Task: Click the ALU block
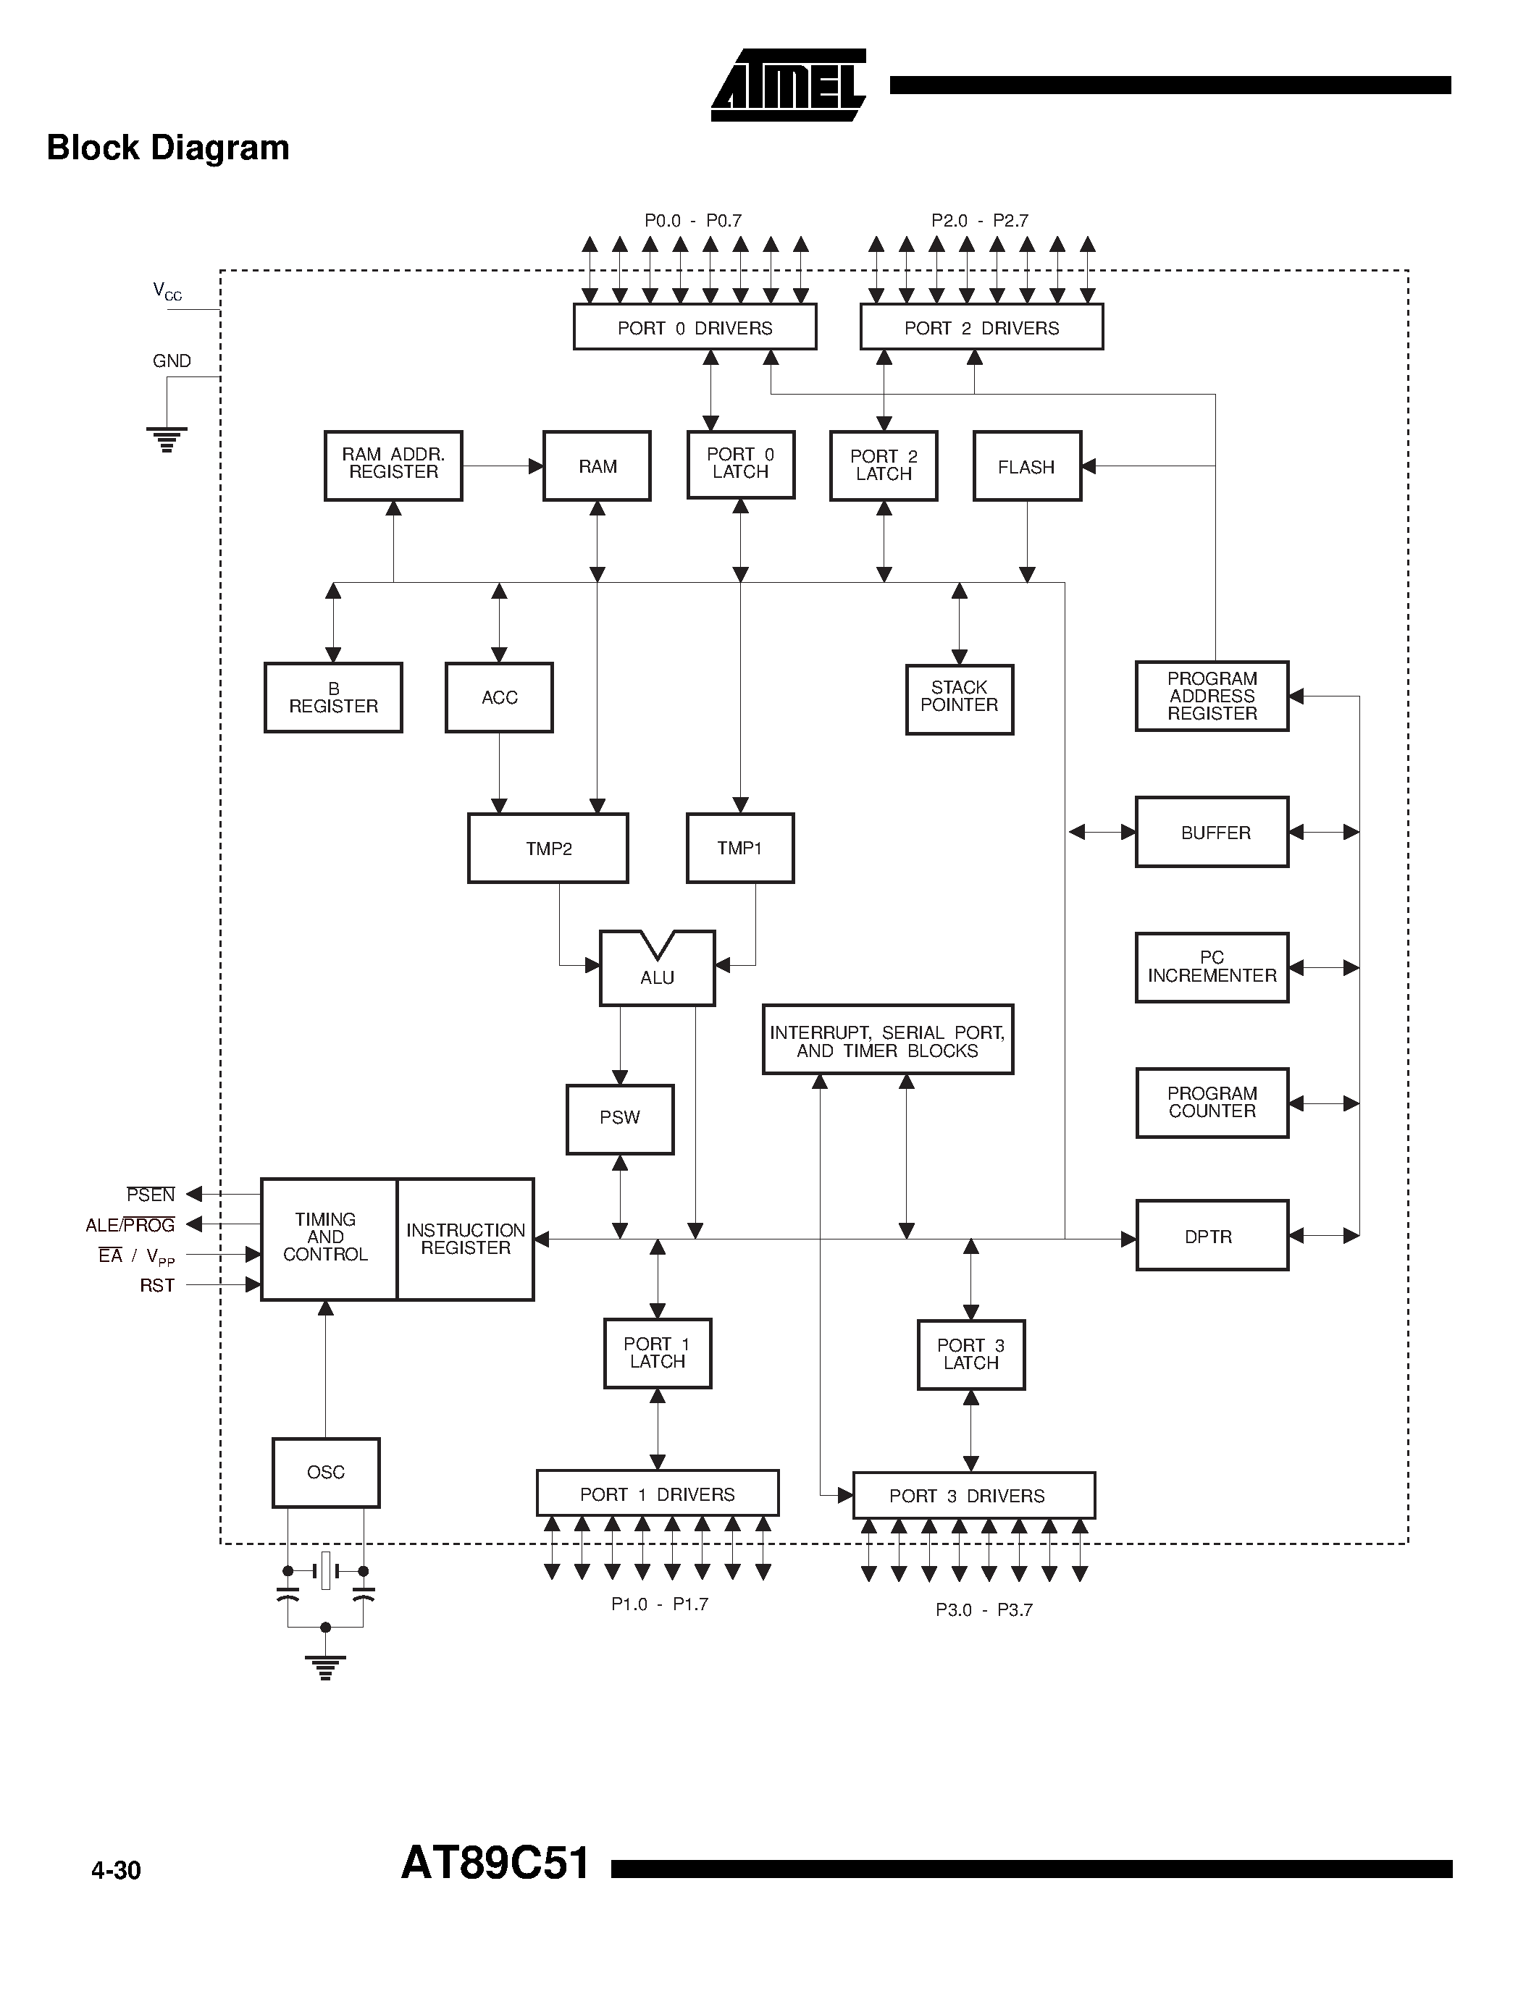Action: pyautogui.click(x=656, y=972)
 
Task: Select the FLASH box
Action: pyautogui.click(x=1027, y=467)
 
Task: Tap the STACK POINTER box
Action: pyautogui.click(x=959, y=699)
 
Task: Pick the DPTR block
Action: pyautogui.click(x=1211, y=1236)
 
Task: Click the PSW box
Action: pyautogui.click(x=620, y=1119)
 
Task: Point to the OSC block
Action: pyautogui.click(x=325, y=1473)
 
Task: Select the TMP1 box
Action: pyautogui.click(x=739, y=848)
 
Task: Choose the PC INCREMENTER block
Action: pyautogui.click(x=1211, y=967)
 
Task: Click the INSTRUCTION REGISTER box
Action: pyautogui.click(x=465, y=1239)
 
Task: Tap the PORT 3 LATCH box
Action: pyautogui.click(x=971, y=1355)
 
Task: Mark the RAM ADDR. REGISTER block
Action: pyautogui.click(x=393, y=465)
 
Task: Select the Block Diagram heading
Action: pyautogui.click(x=168, y=148)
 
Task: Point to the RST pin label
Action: pyautogui.click(x=157, y=1285)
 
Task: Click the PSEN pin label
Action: pyautogui.click(x=151, y=1194)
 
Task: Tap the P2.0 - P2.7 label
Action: pyautogui.click(x=979, y=221)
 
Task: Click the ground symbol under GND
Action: pyautogui.click(x=167, y=439)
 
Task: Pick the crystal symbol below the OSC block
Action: pyautogui.click(x=325, y=1570)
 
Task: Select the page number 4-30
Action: pyautogui.click(x=116, y=1871)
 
